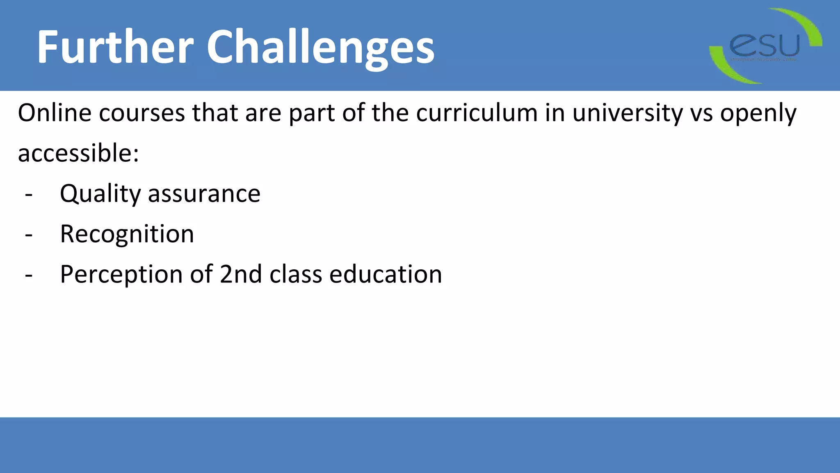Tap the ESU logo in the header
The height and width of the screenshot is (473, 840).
[765, 46]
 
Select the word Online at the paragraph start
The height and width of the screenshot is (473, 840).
[55, 113]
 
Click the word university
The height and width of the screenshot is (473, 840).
[628, 113]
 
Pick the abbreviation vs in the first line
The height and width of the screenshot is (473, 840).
[701, 113]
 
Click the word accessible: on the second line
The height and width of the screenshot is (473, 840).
[78, 153]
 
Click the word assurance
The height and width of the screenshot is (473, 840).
[204, 194]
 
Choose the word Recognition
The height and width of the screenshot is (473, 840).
[127, 234]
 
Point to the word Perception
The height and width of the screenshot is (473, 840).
[121, 274]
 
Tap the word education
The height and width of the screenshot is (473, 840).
[386, 274]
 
